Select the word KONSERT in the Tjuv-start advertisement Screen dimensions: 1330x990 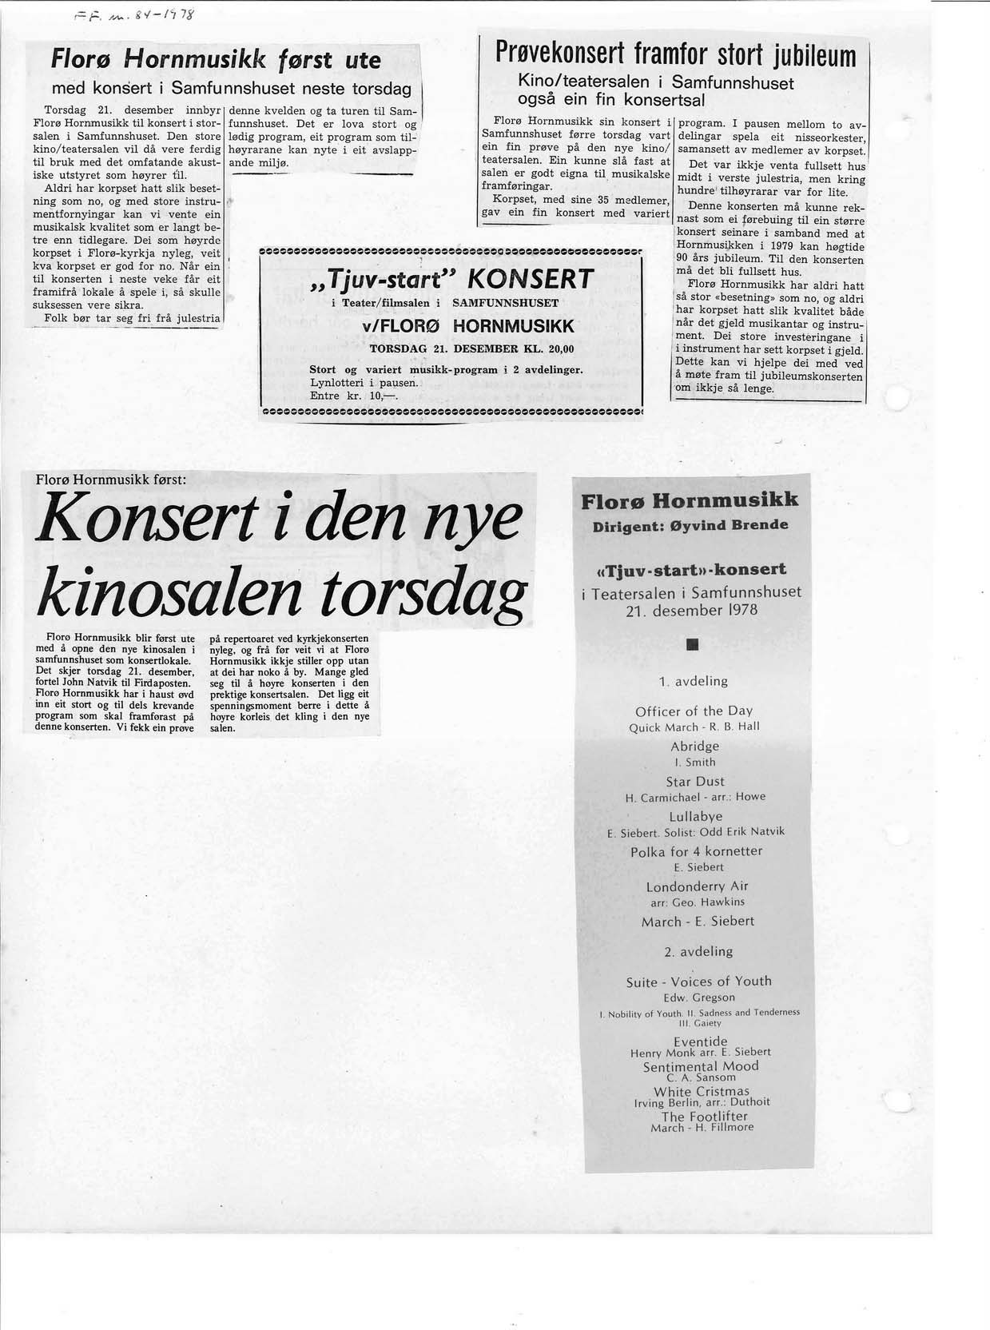click(530, 279)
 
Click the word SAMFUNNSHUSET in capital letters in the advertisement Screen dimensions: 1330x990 click(505, 304)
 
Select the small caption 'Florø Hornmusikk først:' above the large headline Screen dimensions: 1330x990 click(111, 480)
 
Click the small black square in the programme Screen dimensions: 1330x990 click(692, 644)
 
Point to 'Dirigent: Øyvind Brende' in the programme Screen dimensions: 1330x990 click(690, 525)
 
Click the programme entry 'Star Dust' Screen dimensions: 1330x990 click(694, 781)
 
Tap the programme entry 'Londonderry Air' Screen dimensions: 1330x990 click(695, 886)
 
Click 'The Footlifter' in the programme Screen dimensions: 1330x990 click(704, 1116)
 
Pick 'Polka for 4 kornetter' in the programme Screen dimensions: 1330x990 click(696, 851)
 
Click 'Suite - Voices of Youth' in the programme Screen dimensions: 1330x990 click(698, 982)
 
